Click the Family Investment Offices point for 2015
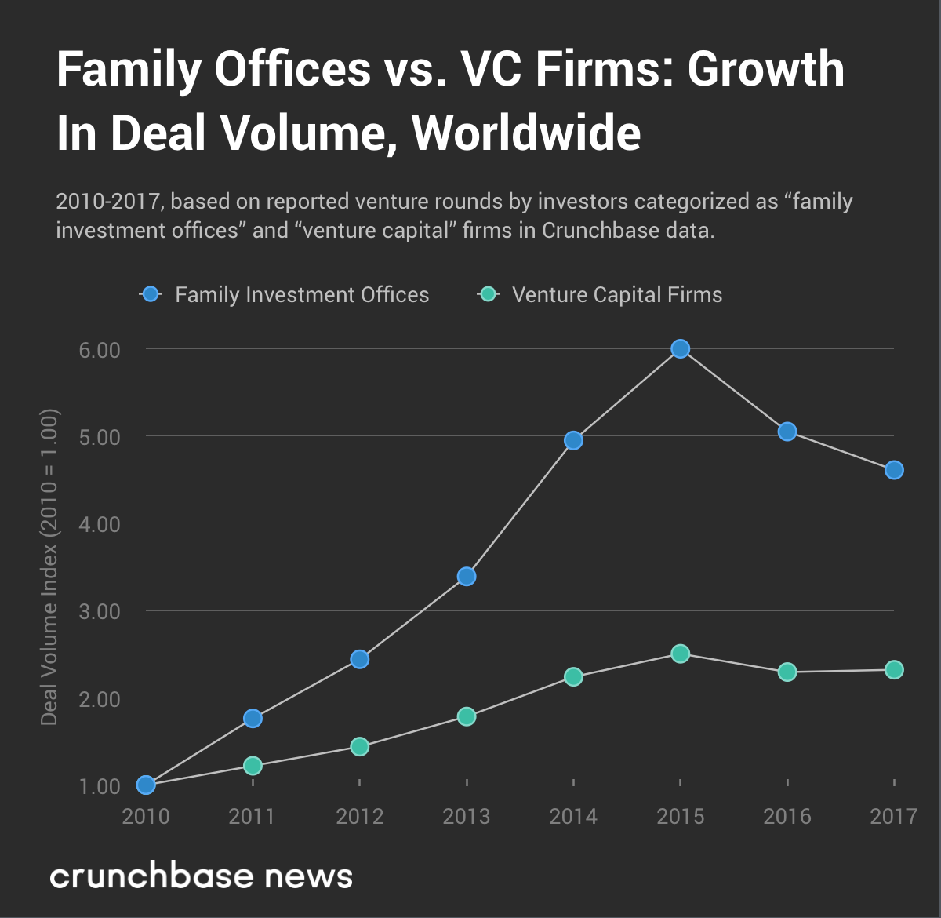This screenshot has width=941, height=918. coord(681,349)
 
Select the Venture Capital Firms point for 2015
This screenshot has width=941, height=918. coord(681,654)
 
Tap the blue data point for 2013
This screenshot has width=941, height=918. coord(467,577)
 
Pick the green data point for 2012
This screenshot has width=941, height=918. coord(359,746)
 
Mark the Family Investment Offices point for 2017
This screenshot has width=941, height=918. coord(894,470)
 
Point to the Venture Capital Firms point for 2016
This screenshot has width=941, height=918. coord(787,672)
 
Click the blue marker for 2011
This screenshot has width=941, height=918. coord(253,718)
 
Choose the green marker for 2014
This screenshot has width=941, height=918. coord(573,676)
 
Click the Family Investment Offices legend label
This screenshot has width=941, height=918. coord(302,295)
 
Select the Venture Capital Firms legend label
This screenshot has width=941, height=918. coord(617,295)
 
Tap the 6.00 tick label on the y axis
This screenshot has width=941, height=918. coord(100,350)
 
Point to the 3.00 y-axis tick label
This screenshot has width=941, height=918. coord(100,611)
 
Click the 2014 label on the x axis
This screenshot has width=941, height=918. coord(573,817)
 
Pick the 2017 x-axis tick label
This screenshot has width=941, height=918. coord(893,817)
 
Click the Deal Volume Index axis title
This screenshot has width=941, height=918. coord(49,566)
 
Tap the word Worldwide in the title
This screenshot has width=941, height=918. coord(526,133)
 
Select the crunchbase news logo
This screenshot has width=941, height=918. coord(202,876)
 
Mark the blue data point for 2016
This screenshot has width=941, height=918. coord(787,432)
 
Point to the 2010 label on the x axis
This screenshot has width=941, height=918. coord(146,817)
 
